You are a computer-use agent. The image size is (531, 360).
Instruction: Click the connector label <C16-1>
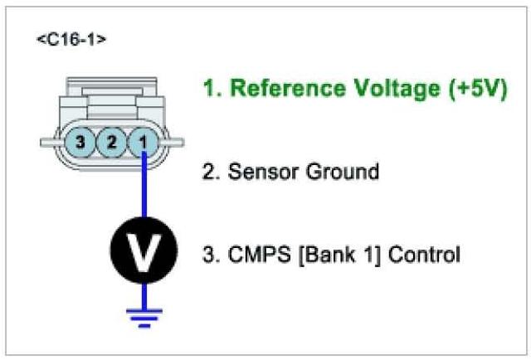[x=71, y=40]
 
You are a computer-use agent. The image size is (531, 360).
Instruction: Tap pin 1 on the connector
[x=144, y=141]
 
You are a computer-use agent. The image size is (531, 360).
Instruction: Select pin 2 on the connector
[x=111, y=141]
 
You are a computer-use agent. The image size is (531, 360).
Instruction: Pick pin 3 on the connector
[x=80, y=141]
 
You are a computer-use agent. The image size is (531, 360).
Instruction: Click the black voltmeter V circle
[x=144, y=246]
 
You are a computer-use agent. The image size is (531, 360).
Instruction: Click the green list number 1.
[x=212, y=90]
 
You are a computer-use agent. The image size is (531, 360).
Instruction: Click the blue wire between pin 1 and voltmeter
[x=144, y=187]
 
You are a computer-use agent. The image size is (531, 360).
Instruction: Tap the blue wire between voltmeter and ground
[x=144, y=292]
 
